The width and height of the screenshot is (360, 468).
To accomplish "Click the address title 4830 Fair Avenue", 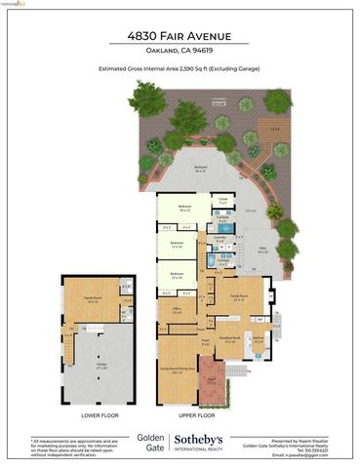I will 180,36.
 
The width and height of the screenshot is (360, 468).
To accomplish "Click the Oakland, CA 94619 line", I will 180,51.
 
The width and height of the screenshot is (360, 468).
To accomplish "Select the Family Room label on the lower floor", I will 93,299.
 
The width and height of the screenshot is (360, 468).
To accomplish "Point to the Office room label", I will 179,311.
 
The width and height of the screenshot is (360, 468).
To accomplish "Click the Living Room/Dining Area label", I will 178,370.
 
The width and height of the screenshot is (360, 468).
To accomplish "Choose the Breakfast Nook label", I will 229,341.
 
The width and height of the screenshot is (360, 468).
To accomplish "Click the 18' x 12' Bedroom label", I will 184,208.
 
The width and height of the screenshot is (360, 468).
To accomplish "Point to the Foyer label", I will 205,342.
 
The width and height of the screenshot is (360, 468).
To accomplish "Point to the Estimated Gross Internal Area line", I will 180,69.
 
